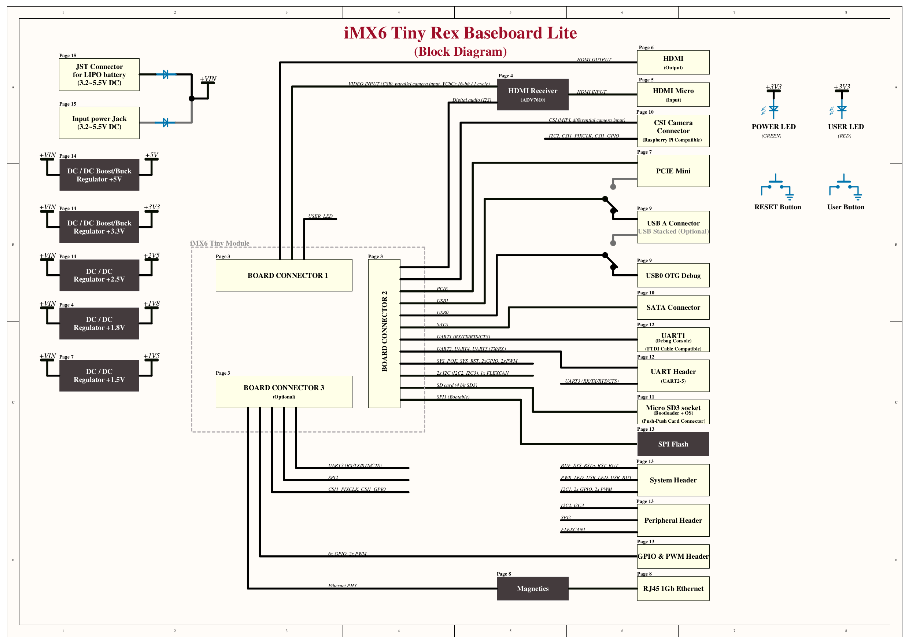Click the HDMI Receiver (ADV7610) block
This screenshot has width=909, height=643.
(532, 94)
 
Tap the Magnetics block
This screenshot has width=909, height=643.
(532, 588)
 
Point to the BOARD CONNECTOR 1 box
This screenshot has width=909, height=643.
(284, 275)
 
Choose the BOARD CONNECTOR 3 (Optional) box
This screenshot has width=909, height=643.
(284, 392)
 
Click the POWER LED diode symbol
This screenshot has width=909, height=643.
(773, 109)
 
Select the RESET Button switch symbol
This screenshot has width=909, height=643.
(777, 188)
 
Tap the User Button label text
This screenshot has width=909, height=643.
(846, 207)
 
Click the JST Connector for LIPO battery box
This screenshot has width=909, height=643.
(99, 74)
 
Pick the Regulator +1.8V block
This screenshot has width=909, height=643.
(99, 323)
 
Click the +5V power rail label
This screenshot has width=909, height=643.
(151, 155)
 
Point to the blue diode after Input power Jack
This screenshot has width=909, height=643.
(166, 122)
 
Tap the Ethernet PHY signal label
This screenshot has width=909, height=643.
(342, 585)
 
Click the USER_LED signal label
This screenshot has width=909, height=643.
(320, 216)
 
